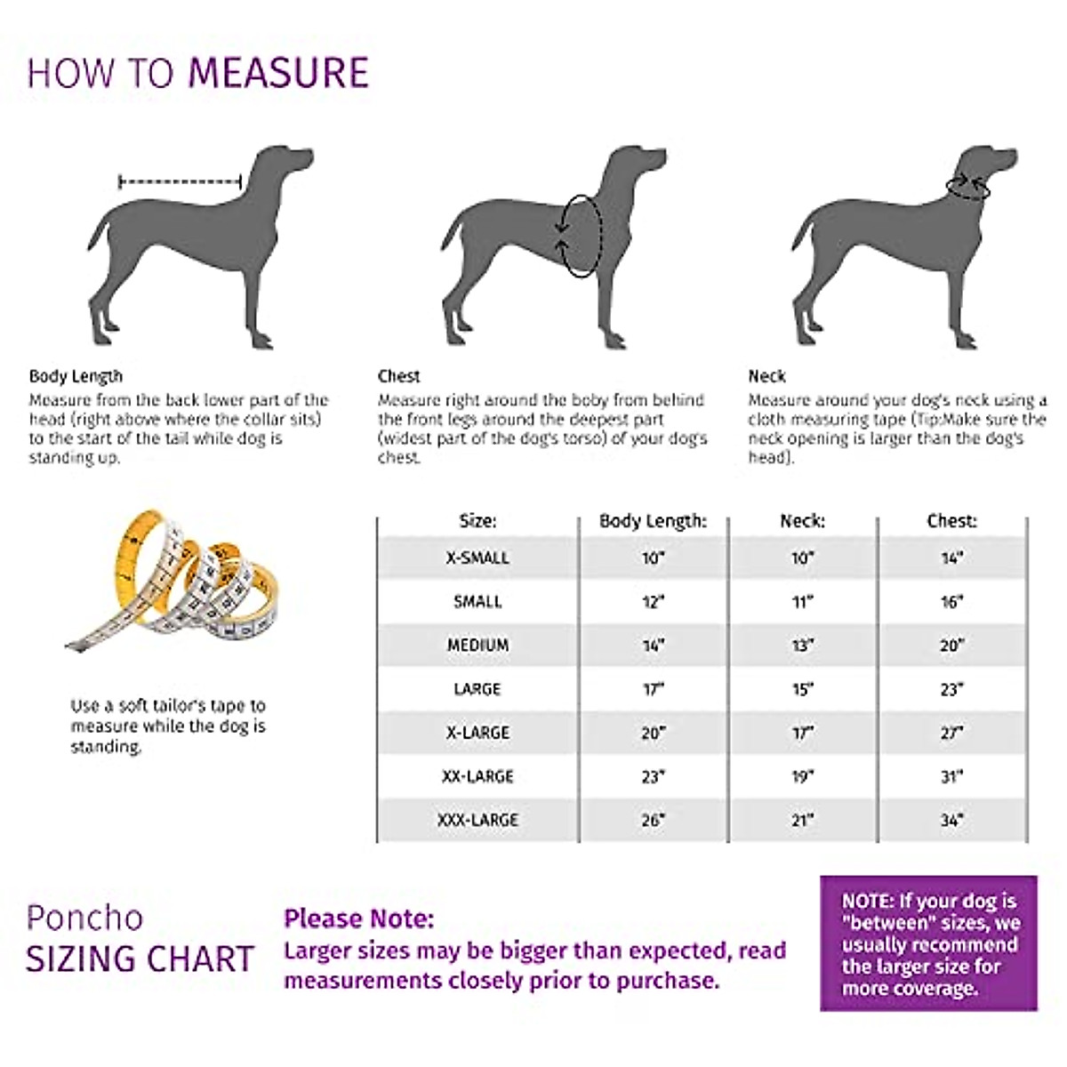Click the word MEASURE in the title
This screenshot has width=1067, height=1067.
tap(278, 73)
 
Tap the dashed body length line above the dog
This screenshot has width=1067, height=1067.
tap(181, 182)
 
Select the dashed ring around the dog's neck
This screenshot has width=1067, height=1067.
tap(968, 187)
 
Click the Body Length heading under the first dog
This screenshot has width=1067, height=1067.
tap(76, 376)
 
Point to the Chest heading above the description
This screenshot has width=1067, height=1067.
tap(398, 376)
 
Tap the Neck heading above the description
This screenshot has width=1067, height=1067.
tap(766, 376)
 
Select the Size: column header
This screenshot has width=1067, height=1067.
tap(477, 521)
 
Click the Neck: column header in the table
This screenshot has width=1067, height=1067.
tap(802, 521)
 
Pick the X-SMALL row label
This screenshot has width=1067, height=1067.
tap(477, 558)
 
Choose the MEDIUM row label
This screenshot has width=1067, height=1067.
tap(477, 646)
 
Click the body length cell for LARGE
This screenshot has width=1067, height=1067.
tap(654, 689)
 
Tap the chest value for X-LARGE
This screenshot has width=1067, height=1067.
tap(951, 733)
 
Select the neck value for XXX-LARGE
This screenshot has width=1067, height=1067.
tap(802, 820)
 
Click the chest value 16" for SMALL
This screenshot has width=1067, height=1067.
tap(951, 602)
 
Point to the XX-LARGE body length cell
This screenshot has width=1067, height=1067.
tap(654, 776)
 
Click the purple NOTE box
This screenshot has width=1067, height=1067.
tap(928, 943)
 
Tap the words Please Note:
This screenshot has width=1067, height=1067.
tap(359, 919)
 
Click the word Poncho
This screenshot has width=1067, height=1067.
tap(84, 918)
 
